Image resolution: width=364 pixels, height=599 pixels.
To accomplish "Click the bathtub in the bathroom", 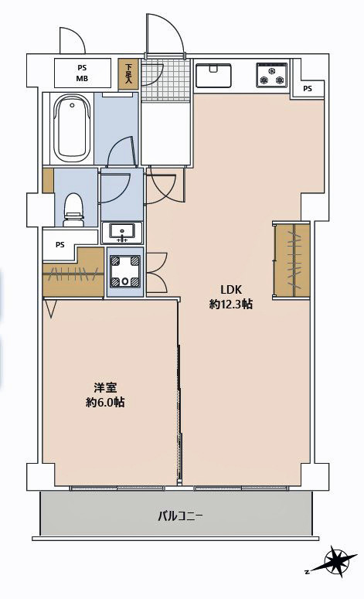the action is (x=72, y=128).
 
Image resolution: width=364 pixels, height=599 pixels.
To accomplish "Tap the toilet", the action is (x=73, y=209).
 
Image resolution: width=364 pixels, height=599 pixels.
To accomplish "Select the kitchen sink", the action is (x=213, y=75).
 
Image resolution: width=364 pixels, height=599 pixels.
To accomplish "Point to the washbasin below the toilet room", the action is (x=122, y=233).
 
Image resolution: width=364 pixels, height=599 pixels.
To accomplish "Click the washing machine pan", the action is (x=125, y=271).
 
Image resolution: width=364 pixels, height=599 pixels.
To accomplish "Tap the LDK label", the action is (x=231, y=289).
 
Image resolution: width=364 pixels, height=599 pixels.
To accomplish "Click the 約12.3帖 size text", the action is (x=231, y=304).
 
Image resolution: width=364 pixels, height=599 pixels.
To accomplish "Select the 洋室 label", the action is (x=105, y=388).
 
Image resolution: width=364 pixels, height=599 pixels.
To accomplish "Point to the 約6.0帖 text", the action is (x=105, y=402).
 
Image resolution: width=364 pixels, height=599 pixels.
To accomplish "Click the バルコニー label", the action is (x=181, y=517).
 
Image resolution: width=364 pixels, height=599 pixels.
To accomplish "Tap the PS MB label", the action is (x=83, y=73).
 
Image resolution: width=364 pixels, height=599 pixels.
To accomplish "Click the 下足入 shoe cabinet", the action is (x=129, y=74).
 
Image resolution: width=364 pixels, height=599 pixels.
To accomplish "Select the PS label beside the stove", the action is (x=308, y=89).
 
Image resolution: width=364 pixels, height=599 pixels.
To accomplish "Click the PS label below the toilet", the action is (x=60, y=245).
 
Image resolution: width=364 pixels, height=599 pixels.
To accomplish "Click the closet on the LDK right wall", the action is (x=292, y=260).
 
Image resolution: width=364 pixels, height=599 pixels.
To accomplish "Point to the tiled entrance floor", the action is (x=165, y=80).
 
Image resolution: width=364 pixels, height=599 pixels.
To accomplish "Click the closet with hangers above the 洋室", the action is (x=73, y=273).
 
